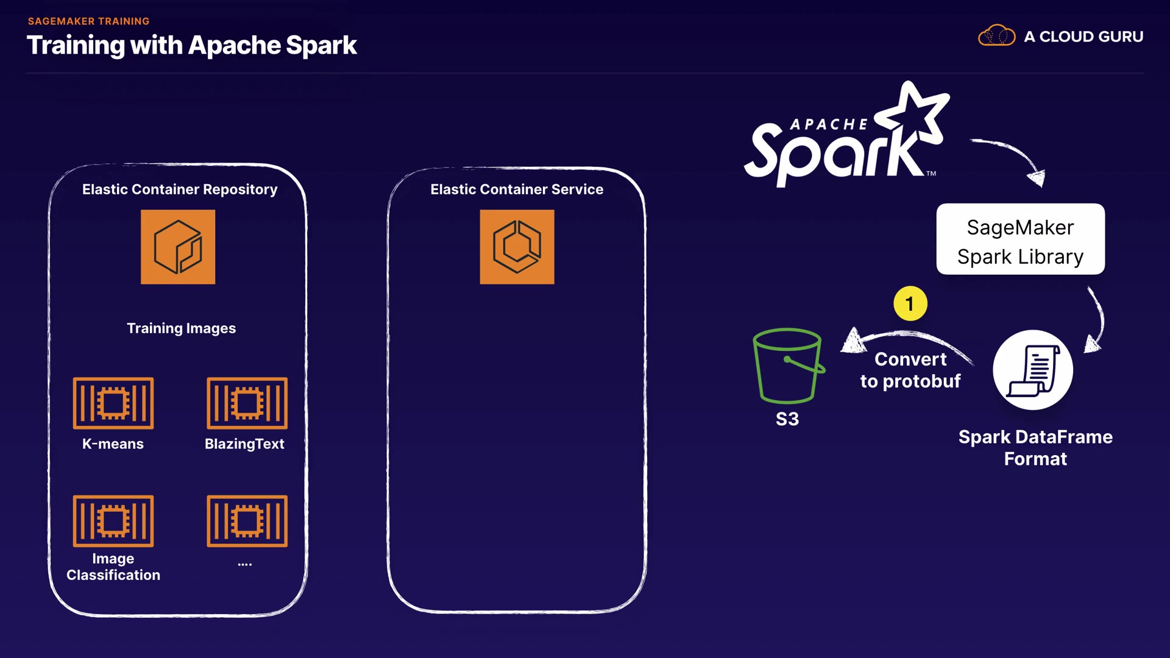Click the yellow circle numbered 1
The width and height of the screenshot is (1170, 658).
point(910,303)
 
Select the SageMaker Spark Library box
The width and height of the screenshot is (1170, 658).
point(1020,239)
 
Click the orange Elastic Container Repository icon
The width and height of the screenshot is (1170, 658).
point(178,247)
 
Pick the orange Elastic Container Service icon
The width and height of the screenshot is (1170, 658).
point(517,247)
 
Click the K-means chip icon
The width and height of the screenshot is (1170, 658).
point(113,403)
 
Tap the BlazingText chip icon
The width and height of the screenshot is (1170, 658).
point(247,403)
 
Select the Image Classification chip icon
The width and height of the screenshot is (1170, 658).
point(113,521)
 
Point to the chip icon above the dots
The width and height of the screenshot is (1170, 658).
point(247,521)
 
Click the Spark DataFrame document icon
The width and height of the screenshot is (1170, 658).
point(1033,370)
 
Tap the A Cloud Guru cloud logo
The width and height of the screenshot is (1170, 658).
point(996,36)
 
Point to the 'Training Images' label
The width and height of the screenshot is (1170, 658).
point(181,328)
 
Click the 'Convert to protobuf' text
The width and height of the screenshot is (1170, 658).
point(910,370)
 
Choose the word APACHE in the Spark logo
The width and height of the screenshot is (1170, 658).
point(829,125)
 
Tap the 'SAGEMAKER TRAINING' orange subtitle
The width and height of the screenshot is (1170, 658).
point(88,21)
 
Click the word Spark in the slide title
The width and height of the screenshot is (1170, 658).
point(321,46)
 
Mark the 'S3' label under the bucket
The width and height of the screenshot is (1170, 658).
point(787,419)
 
